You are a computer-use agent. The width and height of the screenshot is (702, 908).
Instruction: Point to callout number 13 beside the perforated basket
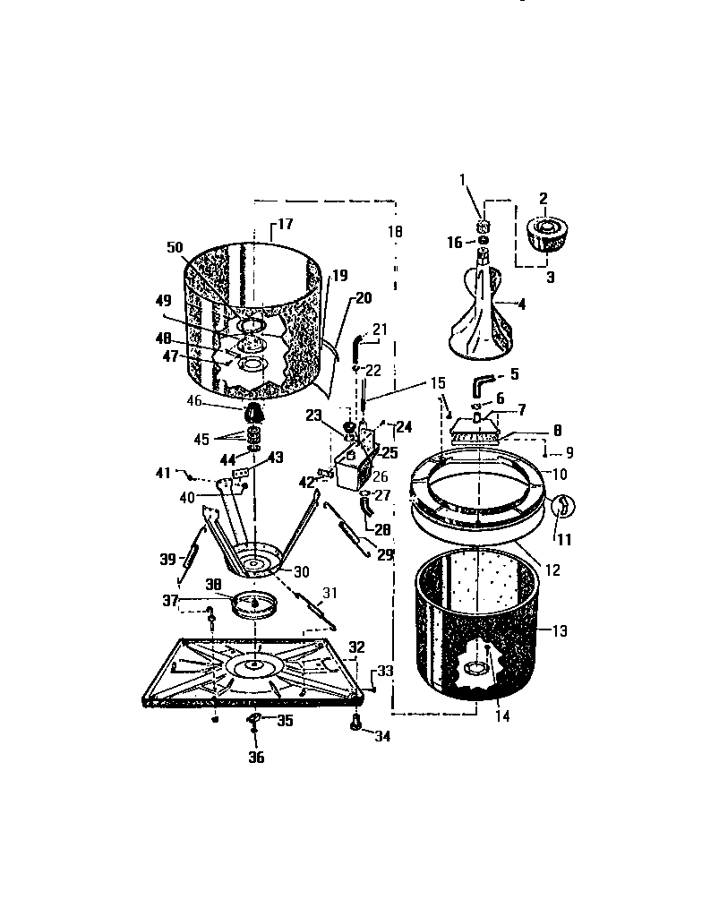pos(559,631)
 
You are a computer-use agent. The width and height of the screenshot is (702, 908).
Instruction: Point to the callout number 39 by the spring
pos(167,559)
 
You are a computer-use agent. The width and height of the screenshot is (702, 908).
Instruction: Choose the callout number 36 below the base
pos(256,757)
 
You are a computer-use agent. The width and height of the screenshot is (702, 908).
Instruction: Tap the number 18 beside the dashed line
pos(395,231)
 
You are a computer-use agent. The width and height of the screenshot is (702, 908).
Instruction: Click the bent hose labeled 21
pos(358,343)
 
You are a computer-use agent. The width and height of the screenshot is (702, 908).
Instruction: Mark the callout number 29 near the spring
pos(384,555)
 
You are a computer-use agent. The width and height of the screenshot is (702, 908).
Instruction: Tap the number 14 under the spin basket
pos(502,716)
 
